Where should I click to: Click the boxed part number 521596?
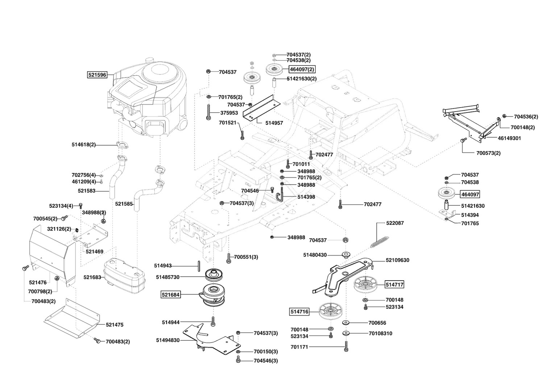pyautogui.click(x=98, y=75)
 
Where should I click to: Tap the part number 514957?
pyautogui.click(x=274, y=123)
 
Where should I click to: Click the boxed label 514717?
pyautogui.click(x=394, y=285)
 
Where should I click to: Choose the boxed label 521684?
pyautogui.click(x=171, y=295)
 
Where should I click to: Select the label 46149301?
pyautogui.click(x=509, y=138)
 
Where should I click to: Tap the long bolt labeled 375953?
pyautogui.click(x=208, y=112)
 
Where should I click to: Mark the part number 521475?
pyautogui.click(x=115, y=325)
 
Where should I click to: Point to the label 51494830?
pyautogui.click(x=168, y=340)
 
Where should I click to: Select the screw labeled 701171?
pyautogui.click(x=346, y=346)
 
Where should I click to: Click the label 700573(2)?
pyautogui.click(x=488, y=153)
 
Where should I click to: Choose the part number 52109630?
pyautogui.click(x=397, y=260)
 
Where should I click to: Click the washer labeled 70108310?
pyautogui.click(x=346, y=333)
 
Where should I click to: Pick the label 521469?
pyautogui.click(x=95, y=252)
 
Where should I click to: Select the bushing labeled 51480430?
pyautogui.click(x=346, y=255)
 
